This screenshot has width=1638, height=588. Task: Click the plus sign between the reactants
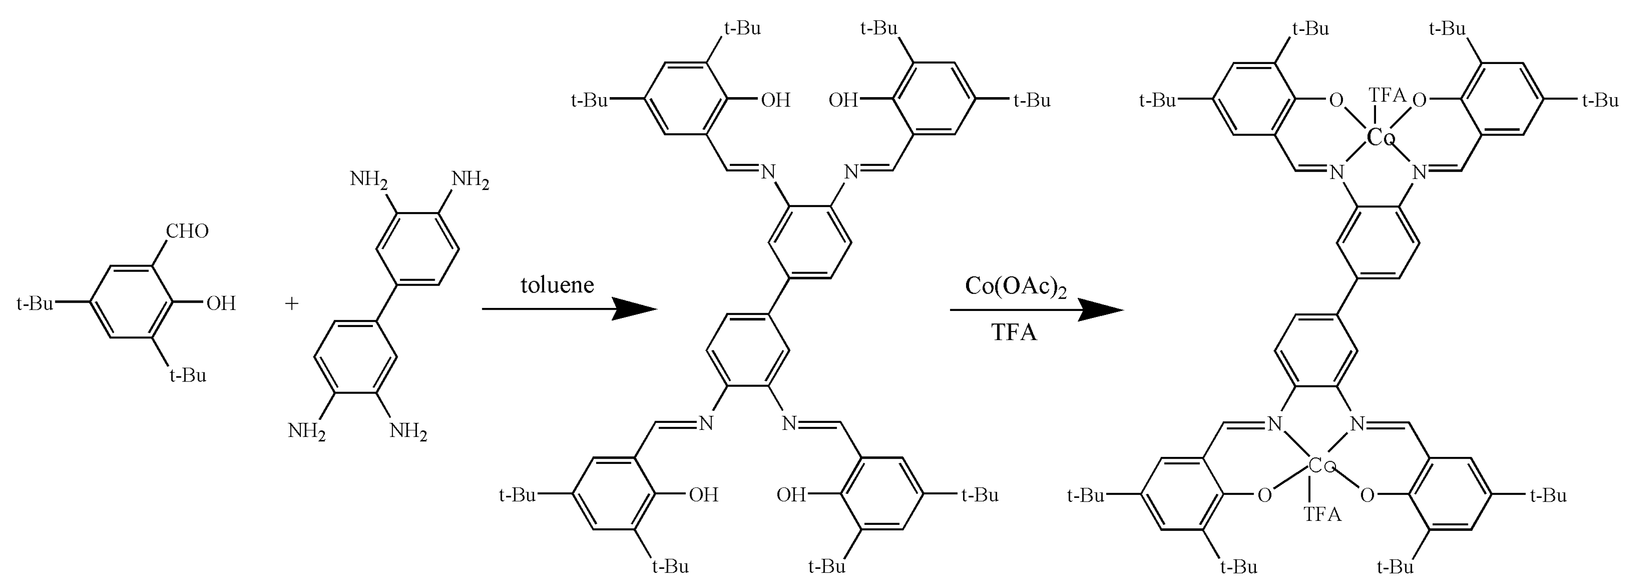[291, 304]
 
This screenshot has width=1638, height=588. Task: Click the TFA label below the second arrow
[1014, 332]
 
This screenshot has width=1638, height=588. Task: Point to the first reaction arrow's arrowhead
[636, 309]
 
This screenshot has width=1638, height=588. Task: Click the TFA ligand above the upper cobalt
[1386, 95]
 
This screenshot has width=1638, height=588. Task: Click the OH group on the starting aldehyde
[221, 304]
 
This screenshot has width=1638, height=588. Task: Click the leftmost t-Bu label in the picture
[35, 304]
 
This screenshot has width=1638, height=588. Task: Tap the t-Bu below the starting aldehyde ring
[188, 375]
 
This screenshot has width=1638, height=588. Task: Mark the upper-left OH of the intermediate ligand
[775, 100]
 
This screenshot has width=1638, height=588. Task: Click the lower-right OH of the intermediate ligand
[791, 494]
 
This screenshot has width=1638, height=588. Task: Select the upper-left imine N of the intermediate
[768, 171]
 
